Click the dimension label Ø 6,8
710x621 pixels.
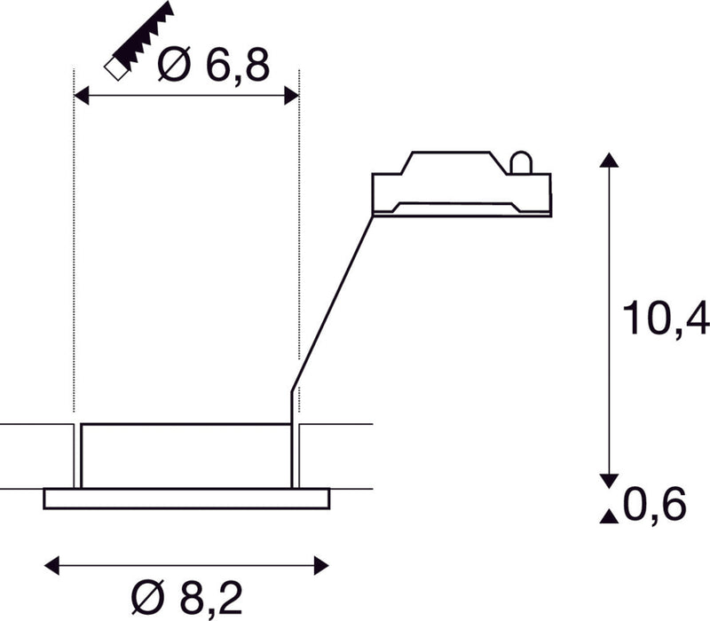pos(213,65)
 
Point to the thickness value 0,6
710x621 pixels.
pos(656,506)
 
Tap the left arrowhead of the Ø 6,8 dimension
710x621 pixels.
pos(80,96)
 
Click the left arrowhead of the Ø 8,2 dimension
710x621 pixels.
pos(51,564)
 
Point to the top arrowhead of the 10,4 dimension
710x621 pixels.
pos(608,161)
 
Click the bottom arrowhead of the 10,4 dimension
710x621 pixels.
pos(608,480)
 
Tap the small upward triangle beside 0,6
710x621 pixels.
pos(608,516)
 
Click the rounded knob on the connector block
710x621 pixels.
pos(521,162)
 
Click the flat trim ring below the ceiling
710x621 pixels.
pos(185,499)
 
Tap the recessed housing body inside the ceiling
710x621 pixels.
pos(185,455)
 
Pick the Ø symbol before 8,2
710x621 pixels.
pos(148,596)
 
